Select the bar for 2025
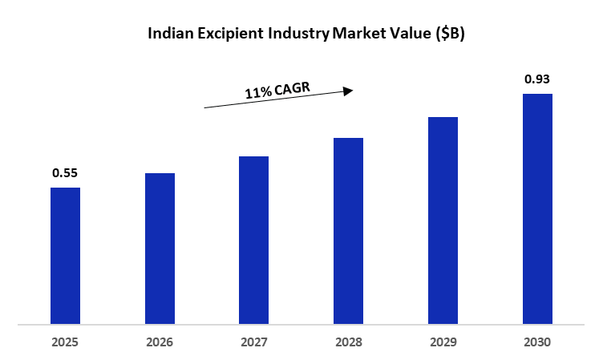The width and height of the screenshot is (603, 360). tap(66, 256)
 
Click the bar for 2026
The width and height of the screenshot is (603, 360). tap(160, 249)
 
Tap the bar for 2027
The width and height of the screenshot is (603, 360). tap(254, 240)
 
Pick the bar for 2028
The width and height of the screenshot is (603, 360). tap(349, 231)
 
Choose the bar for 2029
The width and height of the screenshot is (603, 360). tap(443, 220)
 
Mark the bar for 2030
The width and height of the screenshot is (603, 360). tap(537, 208)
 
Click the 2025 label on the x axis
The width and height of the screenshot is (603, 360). tap(65, 342)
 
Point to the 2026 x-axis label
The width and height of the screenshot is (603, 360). tap(160, 342)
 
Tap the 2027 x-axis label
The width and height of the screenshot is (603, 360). tap(254, 342)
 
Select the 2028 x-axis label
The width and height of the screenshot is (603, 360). tap(349, 342)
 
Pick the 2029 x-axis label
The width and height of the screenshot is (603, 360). tap(443, 342)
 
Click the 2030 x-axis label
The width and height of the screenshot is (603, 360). tap(537, 342)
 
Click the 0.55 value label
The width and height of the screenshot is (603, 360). tap(65, 173)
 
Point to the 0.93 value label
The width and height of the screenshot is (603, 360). tap(537, 79)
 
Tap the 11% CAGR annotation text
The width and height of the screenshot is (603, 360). tap(277, 91)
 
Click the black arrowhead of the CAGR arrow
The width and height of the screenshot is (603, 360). tap(349, 91)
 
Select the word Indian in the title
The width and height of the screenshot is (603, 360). tap(170, 33)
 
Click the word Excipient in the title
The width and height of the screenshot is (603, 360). tap(231, 34)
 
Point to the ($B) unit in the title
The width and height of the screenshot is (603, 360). tap(451, 34)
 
